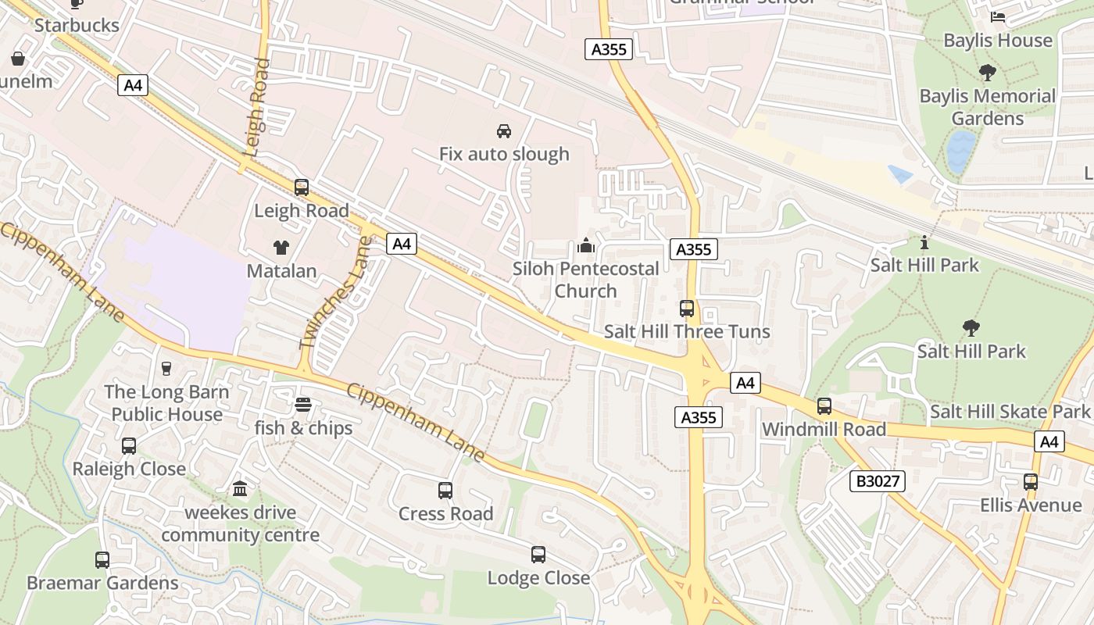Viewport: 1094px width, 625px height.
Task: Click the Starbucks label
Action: click(x=77, y=25)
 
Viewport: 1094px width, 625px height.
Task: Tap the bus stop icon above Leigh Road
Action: click(x=302, y=187)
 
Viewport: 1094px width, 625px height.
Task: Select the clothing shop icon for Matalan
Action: click(x=281, y=248)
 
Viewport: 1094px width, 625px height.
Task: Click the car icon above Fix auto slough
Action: click(x=504, y=130)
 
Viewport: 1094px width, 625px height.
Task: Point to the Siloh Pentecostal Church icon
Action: click(x=585, y=246)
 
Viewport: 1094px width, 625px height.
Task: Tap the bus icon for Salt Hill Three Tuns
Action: click(x=687, y=309)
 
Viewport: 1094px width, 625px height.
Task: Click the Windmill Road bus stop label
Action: click(x=824, y=429)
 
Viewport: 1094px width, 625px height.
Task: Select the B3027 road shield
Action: click(x=878, y=481)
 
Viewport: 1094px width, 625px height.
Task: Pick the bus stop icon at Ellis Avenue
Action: click(x=1031, y=482)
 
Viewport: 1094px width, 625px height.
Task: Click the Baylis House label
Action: click(x=998, y=41)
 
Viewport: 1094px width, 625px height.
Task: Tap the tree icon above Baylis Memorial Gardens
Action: click(x=987, y=73)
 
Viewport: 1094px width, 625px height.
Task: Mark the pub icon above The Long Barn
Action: click(x=166, y=368)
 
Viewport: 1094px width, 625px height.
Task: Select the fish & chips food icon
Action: click(x=303, y=405)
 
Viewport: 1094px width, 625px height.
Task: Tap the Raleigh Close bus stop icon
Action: click(x=129, y=446)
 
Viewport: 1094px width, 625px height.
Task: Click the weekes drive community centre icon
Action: click(x=240, y=489)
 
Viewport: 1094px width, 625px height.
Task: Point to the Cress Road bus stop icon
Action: click(x=445, y=491)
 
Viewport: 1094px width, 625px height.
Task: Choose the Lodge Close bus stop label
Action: click(x=538, y=578)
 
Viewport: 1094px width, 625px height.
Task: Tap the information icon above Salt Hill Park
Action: click(x=924, y=242)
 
